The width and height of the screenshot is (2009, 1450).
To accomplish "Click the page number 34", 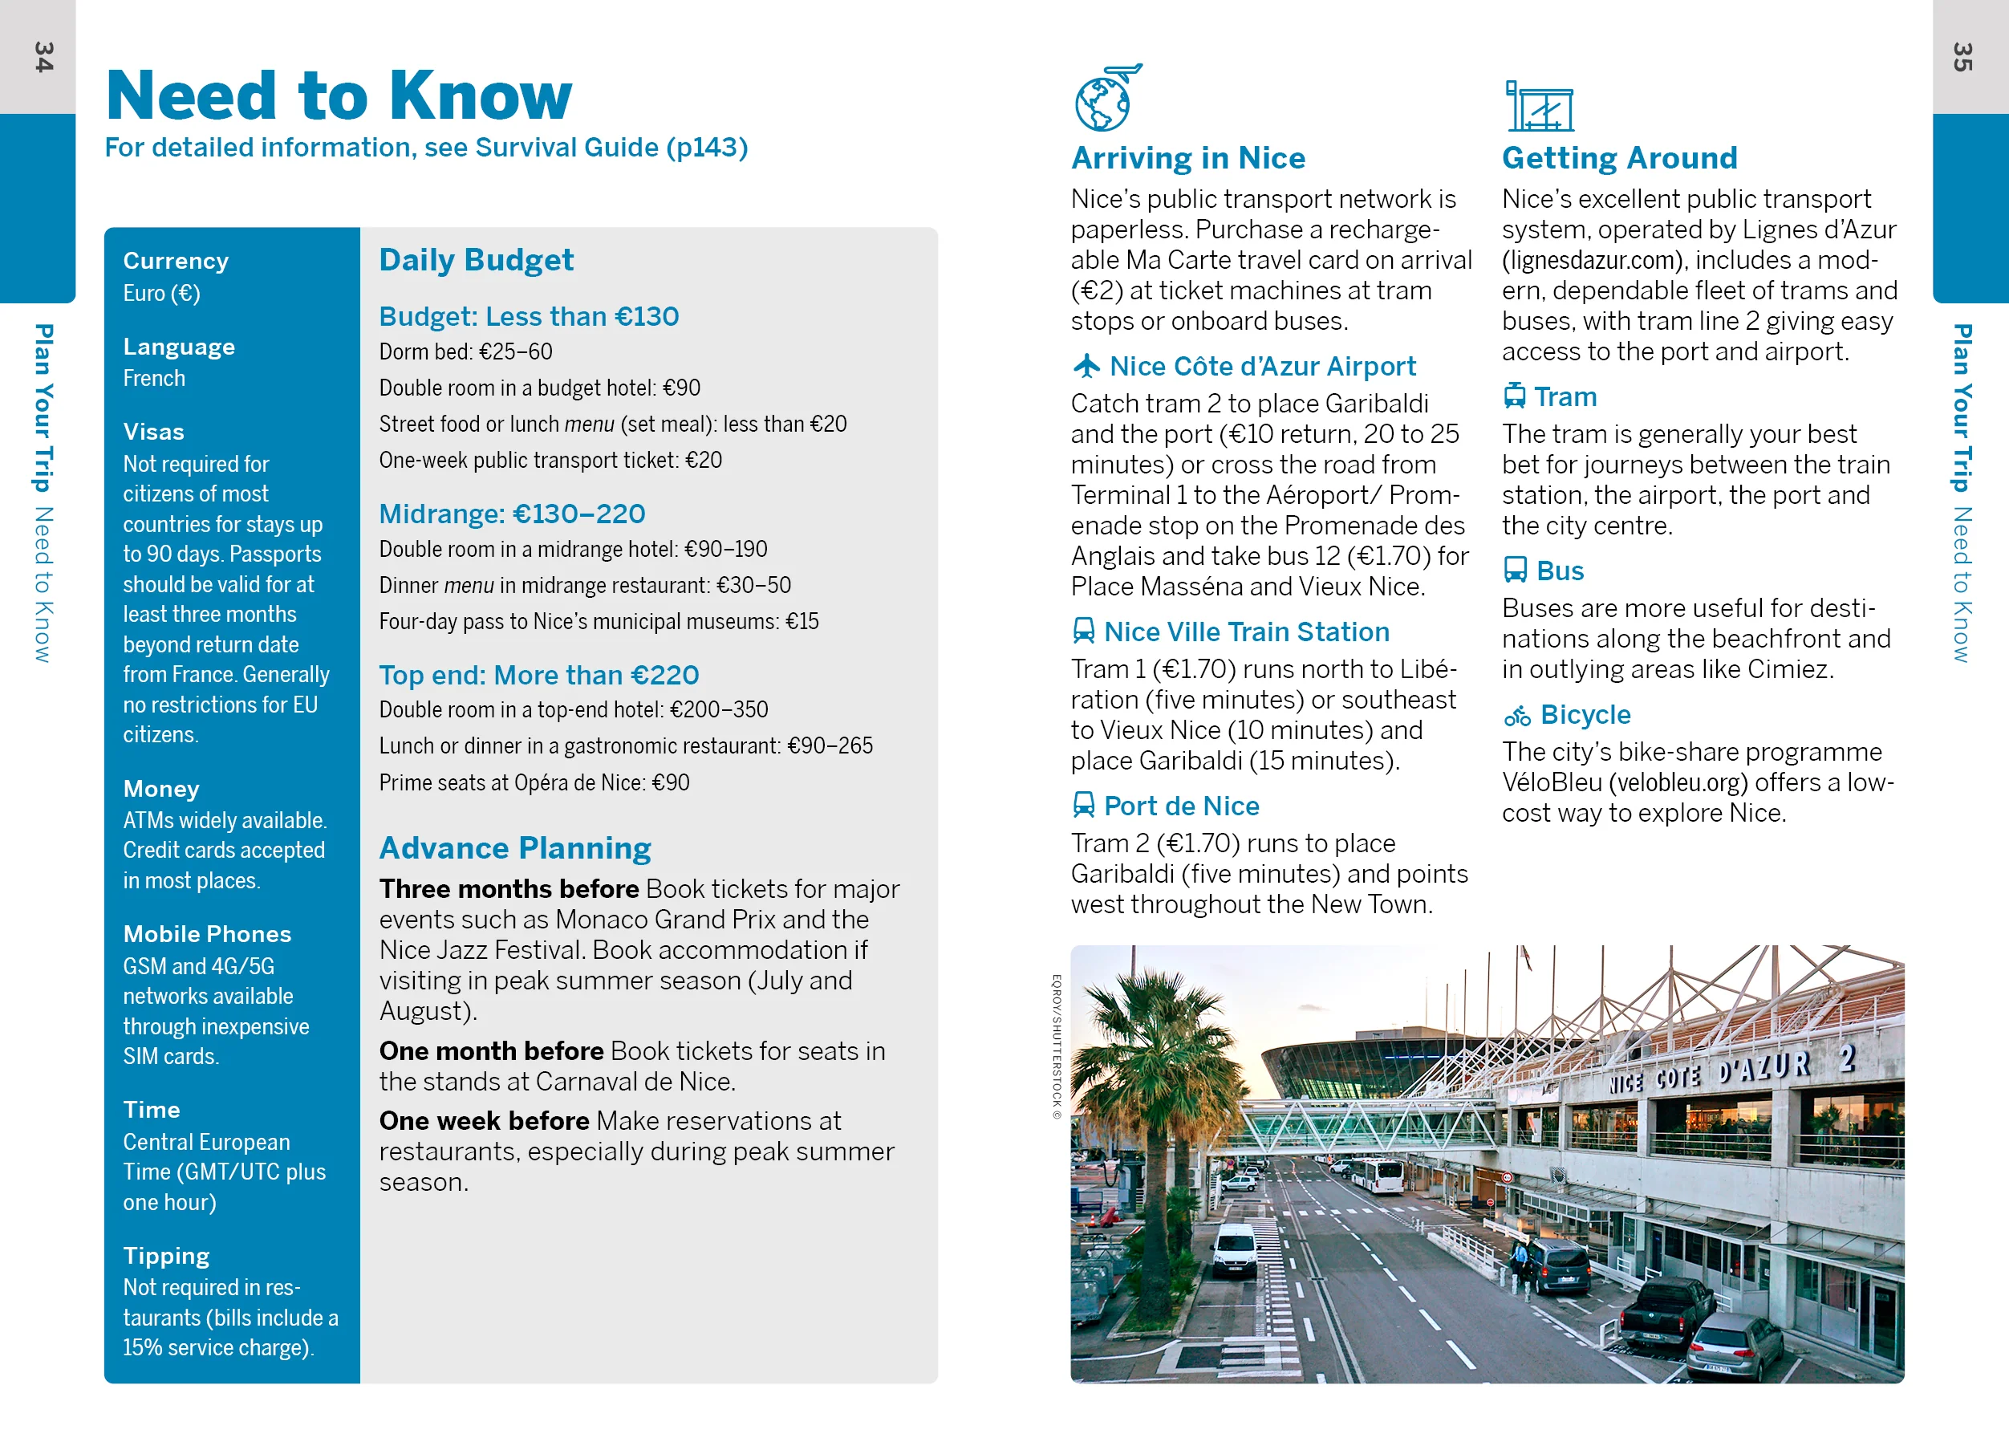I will [43, 57].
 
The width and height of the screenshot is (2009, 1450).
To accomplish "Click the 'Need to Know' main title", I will [339, 95].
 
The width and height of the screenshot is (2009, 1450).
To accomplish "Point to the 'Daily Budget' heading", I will [476, 259].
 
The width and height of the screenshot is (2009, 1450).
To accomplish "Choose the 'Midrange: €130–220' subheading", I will [512, 514].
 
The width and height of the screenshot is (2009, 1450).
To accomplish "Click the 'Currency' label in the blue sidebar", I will [176, 261].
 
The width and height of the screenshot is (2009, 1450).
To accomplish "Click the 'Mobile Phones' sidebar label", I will [207, 933].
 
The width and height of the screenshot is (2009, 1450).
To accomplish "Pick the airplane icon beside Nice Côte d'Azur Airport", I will [1086, 366].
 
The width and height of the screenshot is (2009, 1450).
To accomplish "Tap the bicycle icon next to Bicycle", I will [1516, 715].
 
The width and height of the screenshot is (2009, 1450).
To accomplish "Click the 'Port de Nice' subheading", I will [1181, 805].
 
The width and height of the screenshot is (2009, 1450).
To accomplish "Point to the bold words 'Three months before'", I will [509, 888].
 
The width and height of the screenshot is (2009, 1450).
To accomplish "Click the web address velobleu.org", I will [1678, 782].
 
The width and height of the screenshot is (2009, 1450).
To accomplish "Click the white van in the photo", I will [1234, 1249].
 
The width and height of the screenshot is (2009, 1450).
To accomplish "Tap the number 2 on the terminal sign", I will [1846, 1058].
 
